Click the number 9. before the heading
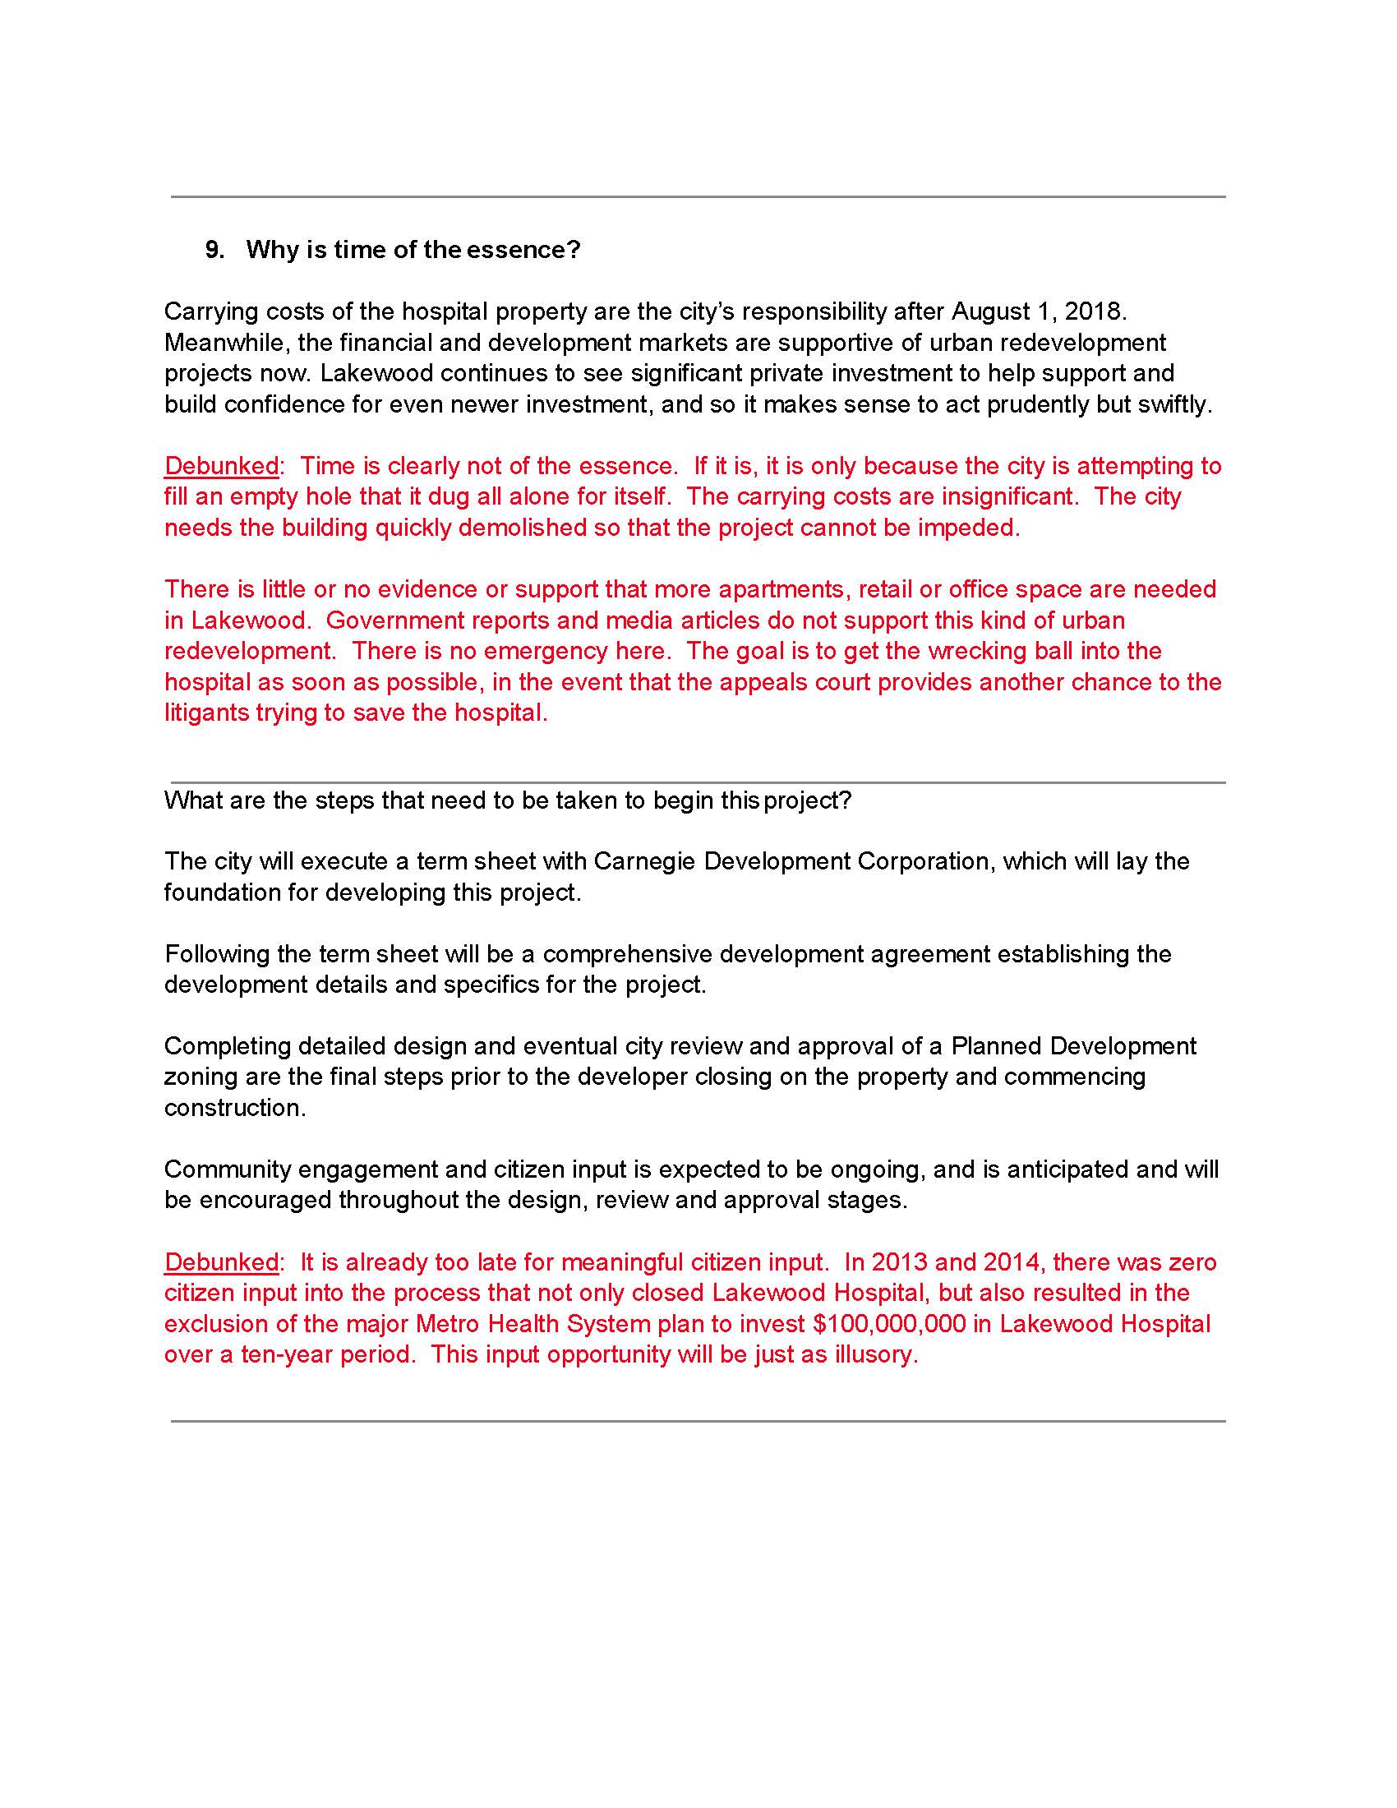click(x=214, y=249)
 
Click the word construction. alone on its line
click(x=235, y=1108)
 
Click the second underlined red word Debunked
click(x=221, y=1261)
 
